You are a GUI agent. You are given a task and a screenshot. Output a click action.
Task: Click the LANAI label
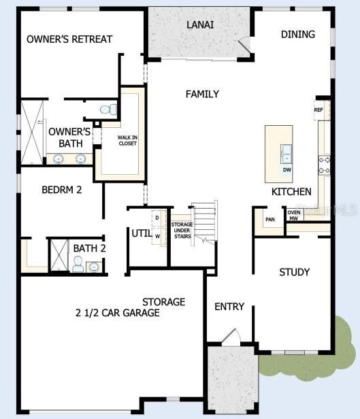tap(200, 24)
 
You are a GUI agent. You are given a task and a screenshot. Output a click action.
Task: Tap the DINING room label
tap(297, 34)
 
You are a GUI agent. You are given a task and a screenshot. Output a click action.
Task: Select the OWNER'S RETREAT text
tap(69, 39)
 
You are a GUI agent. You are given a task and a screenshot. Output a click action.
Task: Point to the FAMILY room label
tap(202, 94)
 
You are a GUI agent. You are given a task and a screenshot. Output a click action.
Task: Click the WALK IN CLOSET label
tap(127, 140)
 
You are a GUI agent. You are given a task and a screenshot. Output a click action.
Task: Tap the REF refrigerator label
tap(318, 110)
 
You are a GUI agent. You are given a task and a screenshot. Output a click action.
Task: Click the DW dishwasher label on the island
tap(287, 169)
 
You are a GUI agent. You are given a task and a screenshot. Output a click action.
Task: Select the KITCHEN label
tap(291, 192)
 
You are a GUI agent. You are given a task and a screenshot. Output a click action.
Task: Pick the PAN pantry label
tap(270, 219)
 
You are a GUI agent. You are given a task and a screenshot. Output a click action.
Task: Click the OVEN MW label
tap(294, 216)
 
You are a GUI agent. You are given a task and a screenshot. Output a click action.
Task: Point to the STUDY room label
tap(294, 272)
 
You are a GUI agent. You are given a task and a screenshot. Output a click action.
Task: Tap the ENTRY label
tap(229, 307)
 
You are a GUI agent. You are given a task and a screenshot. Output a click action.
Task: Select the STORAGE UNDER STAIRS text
tap(182, 229)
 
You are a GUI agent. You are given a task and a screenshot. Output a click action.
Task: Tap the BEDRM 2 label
tap(61, 190)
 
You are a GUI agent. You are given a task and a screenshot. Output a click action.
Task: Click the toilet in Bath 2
tap(78, 265)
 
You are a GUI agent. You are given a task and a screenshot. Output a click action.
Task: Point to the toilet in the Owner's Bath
tap(108, 109)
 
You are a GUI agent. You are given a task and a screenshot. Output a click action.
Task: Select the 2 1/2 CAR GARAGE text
tap(118, 313)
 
